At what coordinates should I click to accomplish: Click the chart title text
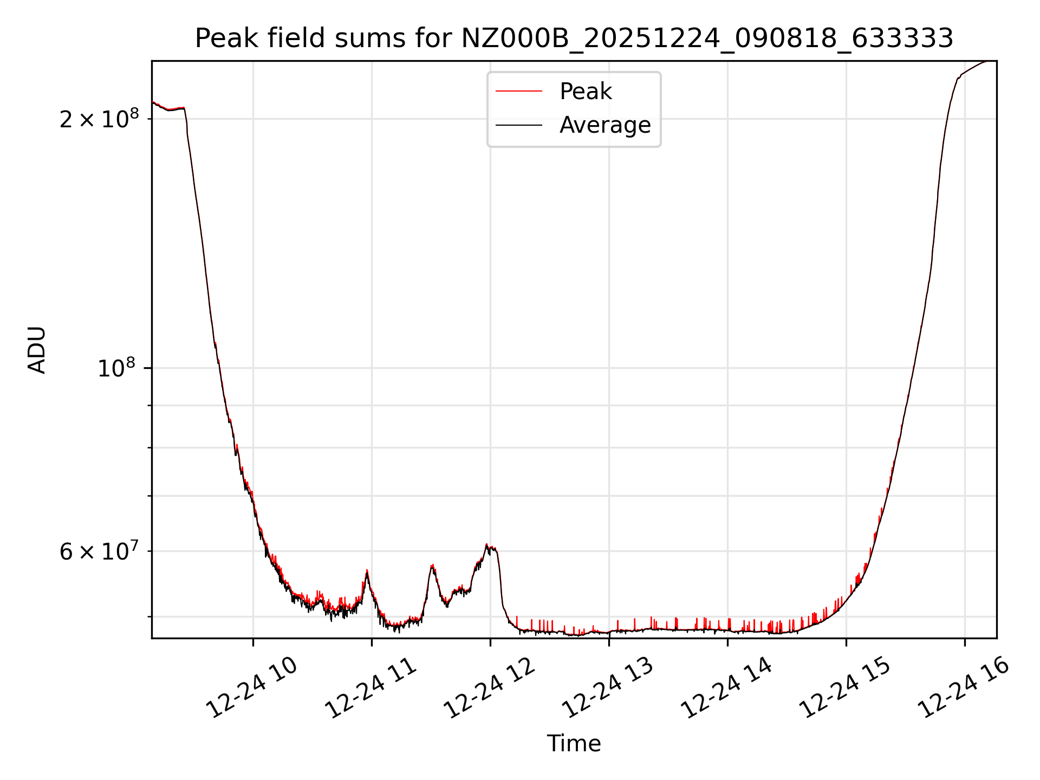coord(574,38)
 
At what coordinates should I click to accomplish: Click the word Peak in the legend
coord(586,92)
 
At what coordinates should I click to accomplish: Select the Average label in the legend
coord(605,125)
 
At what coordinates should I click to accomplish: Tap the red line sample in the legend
coord(518,92)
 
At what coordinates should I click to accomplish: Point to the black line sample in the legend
coord(518,125)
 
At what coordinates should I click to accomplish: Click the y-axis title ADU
coord(37,350)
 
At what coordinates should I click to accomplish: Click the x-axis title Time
coord(574,744)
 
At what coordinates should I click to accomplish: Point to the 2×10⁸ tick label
coord(99,119)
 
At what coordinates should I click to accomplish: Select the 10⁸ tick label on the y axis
coord(116,368)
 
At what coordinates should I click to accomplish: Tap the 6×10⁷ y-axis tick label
coord(99,551)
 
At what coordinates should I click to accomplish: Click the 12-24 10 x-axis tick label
coord(252,687)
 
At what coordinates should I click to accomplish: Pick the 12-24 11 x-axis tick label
coord(371,687)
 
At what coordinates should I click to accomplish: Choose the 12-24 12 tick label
coord(490,687)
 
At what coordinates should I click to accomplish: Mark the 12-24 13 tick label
coord(608,687)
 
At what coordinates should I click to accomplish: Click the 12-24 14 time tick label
coord(726,687)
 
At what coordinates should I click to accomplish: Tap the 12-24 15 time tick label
coord(845,687)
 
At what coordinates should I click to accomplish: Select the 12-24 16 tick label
coord(964,687)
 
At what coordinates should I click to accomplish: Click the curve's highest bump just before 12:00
coord(487,545)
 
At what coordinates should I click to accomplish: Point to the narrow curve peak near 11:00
coord(367,571)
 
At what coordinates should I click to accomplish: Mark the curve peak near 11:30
coord(432,566)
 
